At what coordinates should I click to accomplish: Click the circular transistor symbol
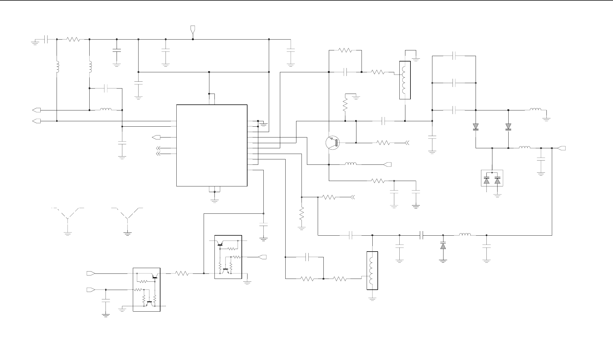coord(332,143)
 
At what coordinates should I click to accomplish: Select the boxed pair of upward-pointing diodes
coord(492,178)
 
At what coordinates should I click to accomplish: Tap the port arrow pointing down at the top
coord(193,29)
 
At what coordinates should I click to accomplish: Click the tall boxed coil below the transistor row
coord(372,270)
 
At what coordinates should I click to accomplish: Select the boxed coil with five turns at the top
coord(405,80)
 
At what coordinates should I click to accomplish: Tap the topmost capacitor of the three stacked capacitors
coord(454,56)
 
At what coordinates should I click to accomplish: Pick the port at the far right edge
coord(562,148)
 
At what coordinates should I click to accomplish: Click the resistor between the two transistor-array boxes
coord(182,273)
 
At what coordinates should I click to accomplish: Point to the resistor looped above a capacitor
coord(345,50)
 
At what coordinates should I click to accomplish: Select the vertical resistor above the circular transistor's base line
coord(345,105)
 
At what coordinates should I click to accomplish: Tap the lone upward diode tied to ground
coord(443,246)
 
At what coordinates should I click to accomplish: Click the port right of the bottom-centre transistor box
coord(262,257)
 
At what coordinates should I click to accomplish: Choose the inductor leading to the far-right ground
coord(535,110)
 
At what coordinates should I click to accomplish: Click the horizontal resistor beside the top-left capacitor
coord(73,39)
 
